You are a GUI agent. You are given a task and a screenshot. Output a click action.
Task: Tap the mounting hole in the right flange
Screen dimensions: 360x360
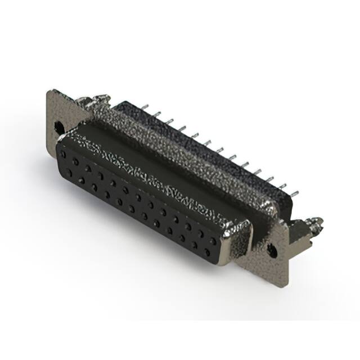[x=272, y=251]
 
